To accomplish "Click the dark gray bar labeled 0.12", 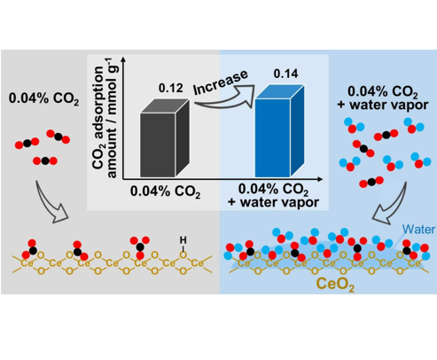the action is [x=165, y=139].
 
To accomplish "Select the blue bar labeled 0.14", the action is [x=279, y=131].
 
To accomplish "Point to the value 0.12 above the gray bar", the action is [x=171, y=88].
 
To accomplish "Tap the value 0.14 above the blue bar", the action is [x=285, y=74].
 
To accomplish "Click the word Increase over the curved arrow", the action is [x=221, y=82].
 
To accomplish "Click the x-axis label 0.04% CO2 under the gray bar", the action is [x=166, y=192].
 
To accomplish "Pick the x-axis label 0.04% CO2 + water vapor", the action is [x=273, y=196].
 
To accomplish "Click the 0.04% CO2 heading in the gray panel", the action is [x=43, y=98].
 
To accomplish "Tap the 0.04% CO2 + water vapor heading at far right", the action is [x=383, y=98].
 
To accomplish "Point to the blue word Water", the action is [x=418, y=230].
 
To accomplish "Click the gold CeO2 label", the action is [x=335, y=285].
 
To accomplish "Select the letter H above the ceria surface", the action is [x=183, y=240].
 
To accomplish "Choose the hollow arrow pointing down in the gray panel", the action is [x=51, y=202].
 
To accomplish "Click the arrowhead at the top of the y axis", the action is [x=123, y=59].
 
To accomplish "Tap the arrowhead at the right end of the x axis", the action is [x=320, y=179].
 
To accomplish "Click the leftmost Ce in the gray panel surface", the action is [x=27, y=262].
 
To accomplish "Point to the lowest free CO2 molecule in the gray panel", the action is [x=45, y=160].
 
